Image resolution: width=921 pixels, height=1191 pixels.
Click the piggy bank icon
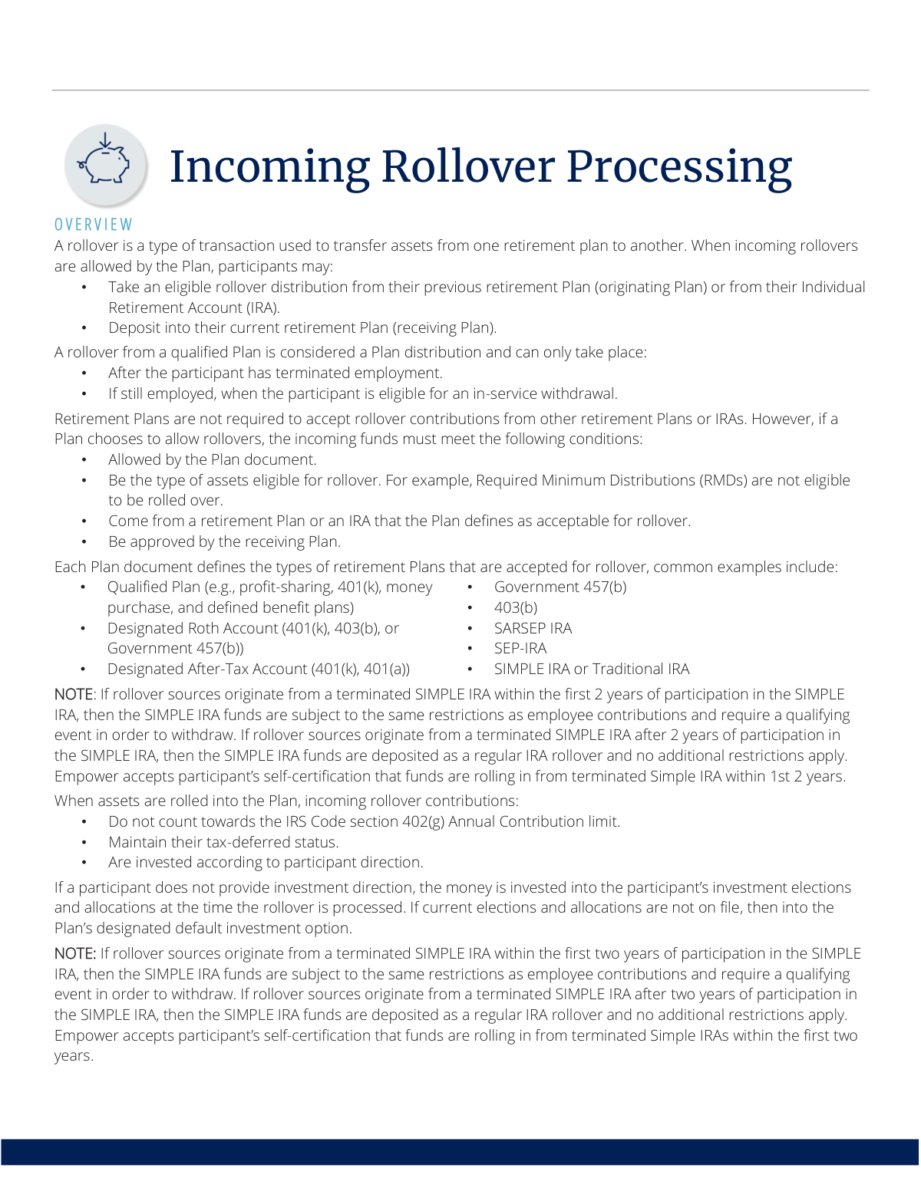[x=106, y=163]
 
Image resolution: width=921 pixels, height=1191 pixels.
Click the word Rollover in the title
[x=467, y=166]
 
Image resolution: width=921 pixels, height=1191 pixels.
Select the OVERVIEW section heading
[x=94, y=225]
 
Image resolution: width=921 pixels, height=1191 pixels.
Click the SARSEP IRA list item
[x=533, y=628]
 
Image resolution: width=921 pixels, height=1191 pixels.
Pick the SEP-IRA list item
[x=520, y=648]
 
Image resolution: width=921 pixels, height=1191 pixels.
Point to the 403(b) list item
[x=515, y=607]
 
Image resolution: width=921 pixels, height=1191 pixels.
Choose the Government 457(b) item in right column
[x=560, y=587]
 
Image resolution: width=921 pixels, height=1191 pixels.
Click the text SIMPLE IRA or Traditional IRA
[x=591, y=669]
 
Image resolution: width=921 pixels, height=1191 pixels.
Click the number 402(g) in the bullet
[x=423, y=821]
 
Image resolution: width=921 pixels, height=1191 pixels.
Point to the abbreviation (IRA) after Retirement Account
[x=262, y=308]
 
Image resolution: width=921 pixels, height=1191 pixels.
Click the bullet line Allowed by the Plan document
[x=212, y=459]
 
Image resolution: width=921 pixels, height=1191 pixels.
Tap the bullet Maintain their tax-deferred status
[x=223, y=842]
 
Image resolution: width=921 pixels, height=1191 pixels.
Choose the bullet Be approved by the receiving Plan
[x=224, y=541]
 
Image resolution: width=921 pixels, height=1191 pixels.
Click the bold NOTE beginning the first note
[x=73, y=694]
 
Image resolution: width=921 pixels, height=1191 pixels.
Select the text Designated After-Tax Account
[x=207, y=669]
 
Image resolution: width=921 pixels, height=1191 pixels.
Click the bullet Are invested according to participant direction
[x=266, y=862]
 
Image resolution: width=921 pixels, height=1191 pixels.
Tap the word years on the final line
[x=72, y=1056]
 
